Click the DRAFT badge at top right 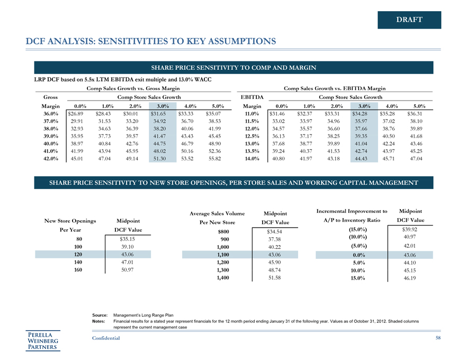(409, 20)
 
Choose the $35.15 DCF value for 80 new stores (127, 239)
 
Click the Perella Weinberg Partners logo (43, 340)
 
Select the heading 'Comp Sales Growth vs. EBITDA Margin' (335, 88)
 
